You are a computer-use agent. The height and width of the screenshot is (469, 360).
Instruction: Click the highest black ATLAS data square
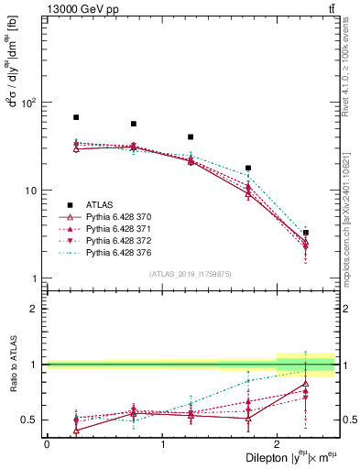point(76,117)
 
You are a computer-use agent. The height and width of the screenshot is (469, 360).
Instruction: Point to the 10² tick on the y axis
point(34,103)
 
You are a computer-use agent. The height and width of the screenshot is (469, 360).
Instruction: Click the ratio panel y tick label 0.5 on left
point(32,420)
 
